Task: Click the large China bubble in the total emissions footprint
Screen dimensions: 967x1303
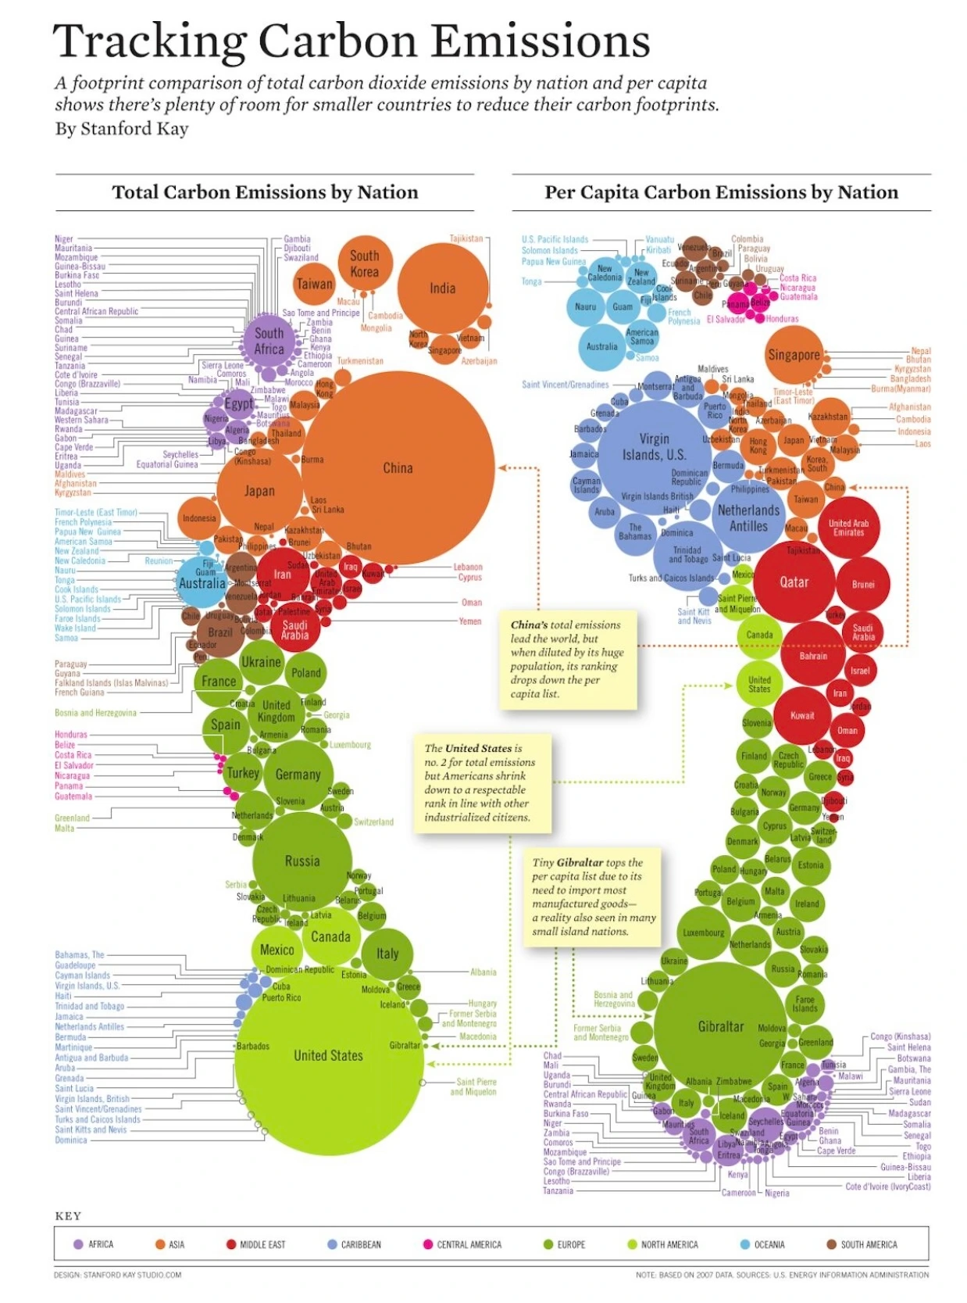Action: [x=398, y=467]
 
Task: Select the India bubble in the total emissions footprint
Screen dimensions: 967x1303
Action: [x=442, y=288]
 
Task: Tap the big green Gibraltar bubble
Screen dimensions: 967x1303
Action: [x=719, y=1026]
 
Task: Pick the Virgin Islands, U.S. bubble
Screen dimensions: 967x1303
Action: [x=655, y=446]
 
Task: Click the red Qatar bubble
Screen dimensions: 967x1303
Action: [x=794, y=582]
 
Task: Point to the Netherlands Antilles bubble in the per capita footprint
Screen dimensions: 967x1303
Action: [x=748, y=517]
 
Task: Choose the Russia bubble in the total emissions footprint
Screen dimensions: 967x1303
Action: [x=302, y=861]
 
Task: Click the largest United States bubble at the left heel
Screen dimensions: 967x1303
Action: [x=328, y=1055]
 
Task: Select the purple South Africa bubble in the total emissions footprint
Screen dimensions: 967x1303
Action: [x=269, y=341]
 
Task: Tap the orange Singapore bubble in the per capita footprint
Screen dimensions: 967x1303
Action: [x=794, y=355]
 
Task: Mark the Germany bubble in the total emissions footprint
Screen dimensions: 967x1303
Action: [x=298, y=774]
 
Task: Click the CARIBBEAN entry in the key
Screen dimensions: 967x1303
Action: [x=360, y=1244]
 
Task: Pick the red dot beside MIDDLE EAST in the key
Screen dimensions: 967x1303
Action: [x=231, y=1244]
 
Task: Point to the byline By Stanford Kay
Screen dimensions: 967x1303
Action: [x=122, y=128]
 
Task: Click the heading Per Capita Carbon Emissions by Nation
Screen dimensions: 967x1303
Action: [x=721, y=192]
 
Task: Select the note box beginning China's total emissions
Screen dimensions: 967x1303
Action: [x=568, y=659]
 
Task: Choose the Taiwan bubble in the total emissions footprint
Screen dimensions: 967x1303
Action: [x=314, y=285]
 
